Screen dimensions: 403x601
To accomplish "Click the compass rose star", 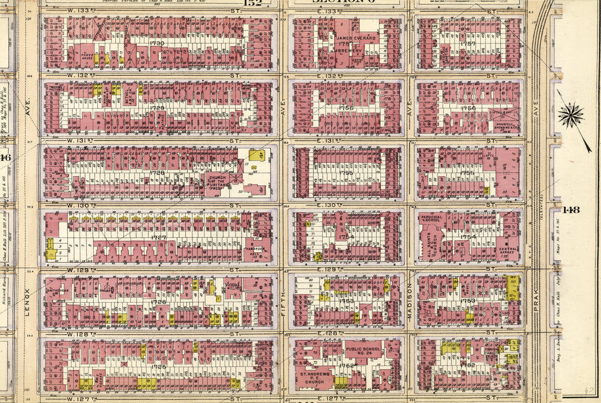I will (x=570, y=115).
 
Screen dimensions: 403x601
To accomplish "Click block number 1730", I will (x=157, y=43).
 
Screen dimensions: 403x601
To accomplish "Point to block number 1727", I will (x=158, y=238).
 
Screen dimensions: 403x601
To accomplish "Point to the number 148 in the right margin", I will (x=570, y=210).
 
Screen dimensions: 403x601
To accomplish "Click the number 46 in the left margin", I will (x=5, y=157).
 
